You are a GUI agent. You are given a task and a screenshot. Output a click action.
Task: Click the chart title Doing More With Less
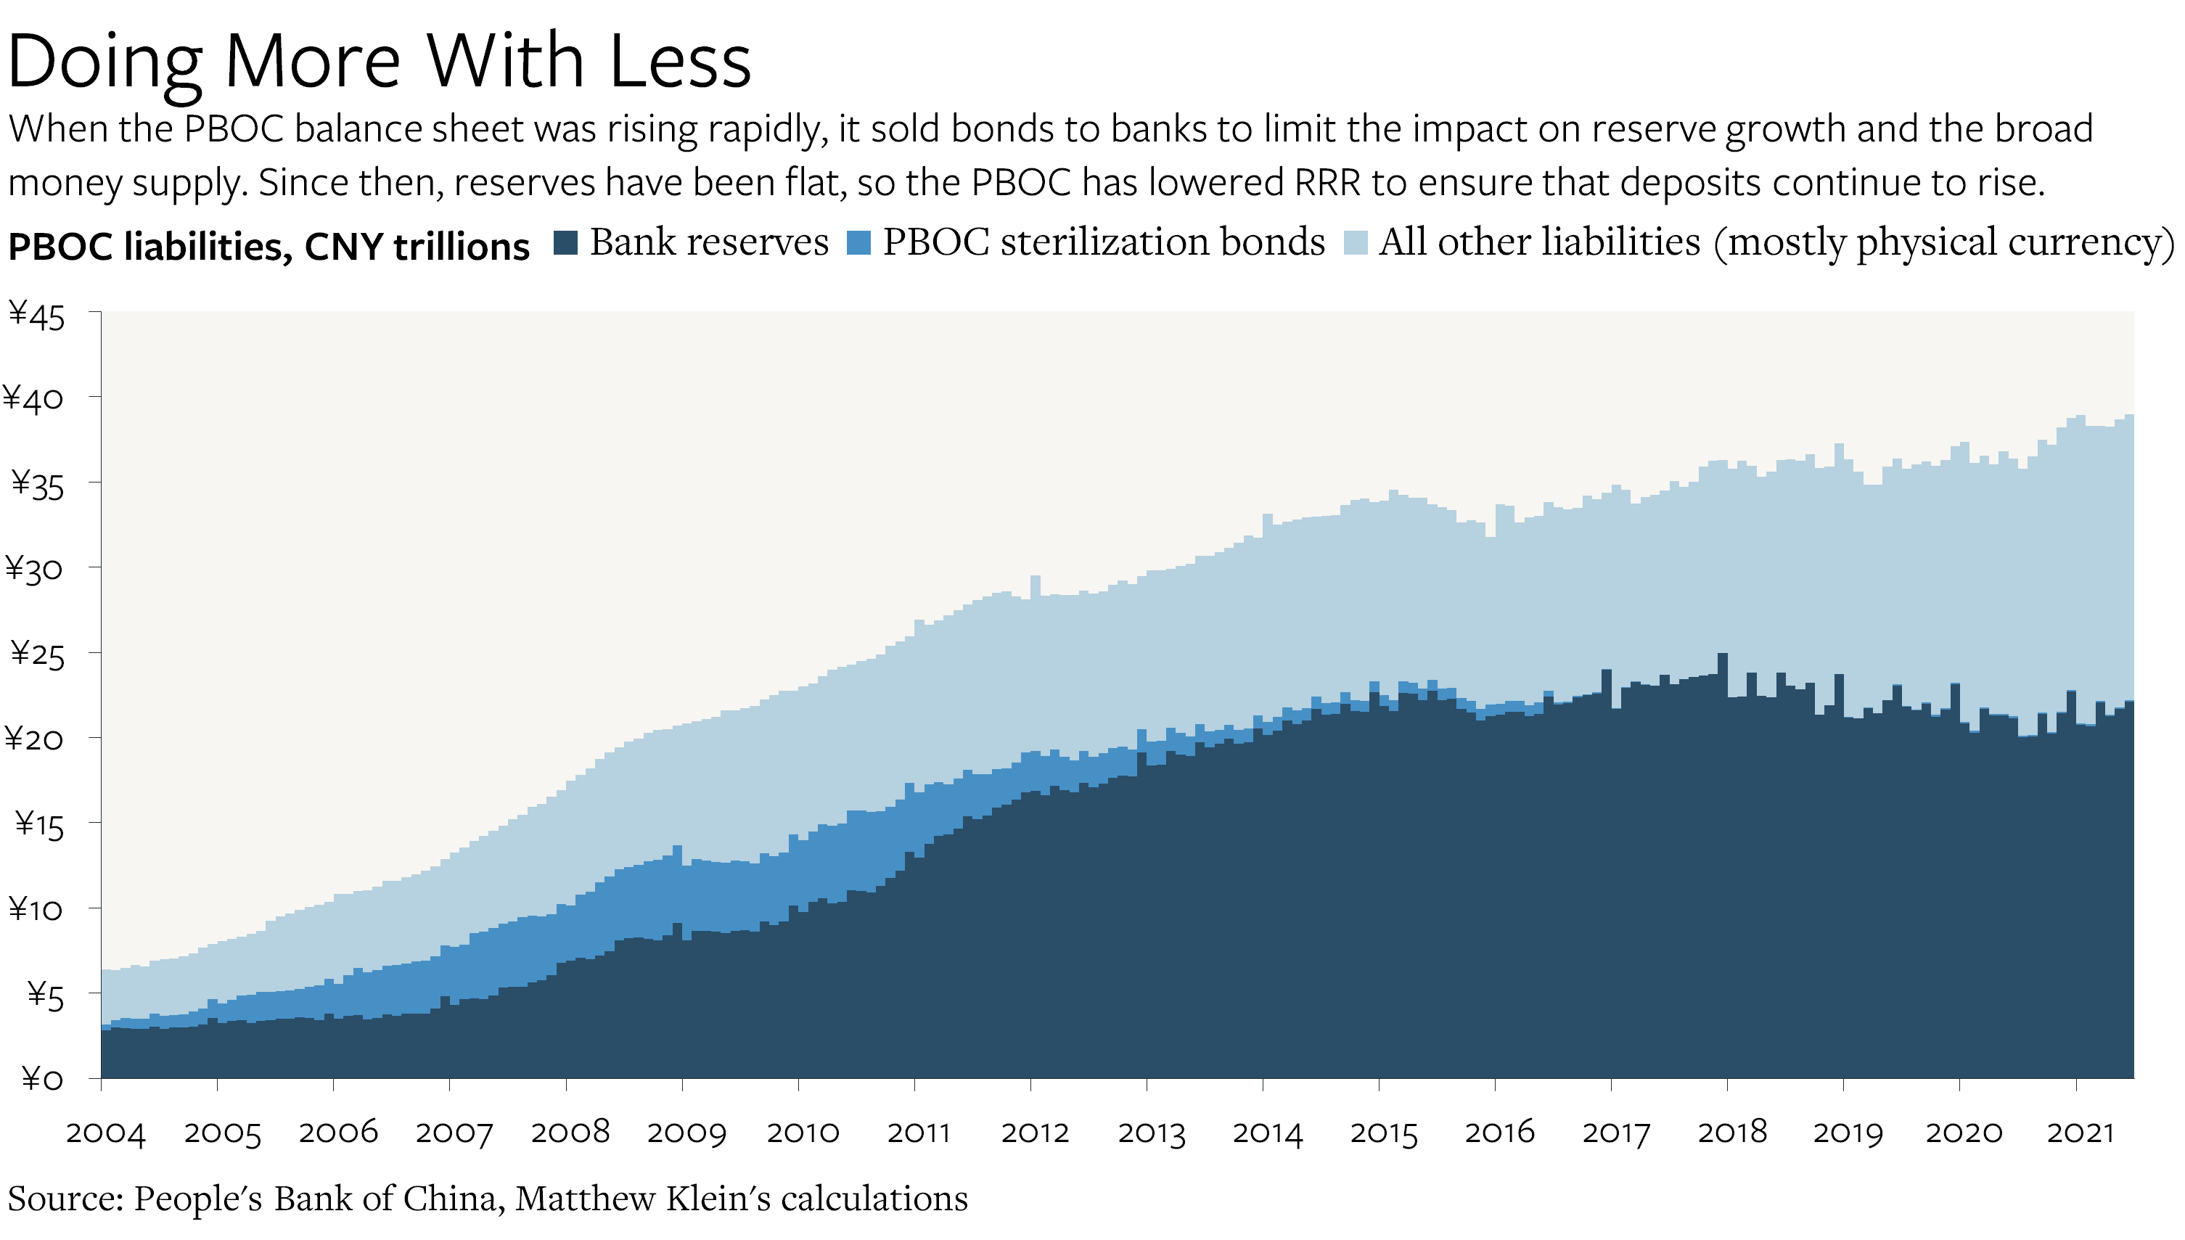coord(379,62)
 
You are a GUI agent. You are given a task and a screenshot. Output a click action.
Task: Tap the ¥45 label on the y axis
coord(36,316)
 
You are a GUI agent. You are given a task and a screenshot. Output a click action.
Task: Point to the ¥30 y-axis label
coord(34,569)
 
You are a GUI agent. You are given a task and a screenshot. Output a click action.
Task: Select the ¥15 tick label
coord(38,824)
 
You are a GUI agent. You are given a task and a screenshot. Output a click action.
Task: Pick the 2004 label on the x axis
coord(106,1133)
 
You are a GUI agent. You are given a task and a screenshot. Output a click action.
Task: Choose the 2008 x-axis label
coord(570,1133)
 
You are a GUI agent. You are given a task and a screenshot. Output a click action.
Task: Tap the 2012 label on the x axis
coord(1034,1133)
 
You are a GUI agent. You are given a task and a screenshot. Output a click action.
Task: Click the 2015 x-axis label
coord(1383,1133)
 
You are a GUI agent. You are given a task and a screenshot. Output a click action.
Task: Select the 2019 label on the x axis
coord(1847,1133)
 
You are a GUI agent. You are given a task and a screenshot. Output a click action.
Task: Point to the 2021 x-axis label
coord(2079,1133)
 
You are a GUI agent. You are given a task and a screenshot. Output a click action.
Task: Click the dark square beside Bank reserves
coord(565,243)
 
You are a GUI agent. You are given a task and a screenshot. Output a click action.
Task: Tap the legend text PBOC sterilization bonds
coord(1103,243)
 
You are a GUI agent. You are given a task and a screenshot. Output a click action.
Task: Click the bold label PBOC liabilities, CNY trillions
coord(268,247)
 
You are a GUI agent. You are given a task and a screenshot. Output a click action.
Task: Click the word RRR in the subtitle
coord(1327,183)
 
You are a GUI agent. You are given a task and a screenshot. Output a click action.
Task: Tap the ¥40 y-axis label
coord(34,398)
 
